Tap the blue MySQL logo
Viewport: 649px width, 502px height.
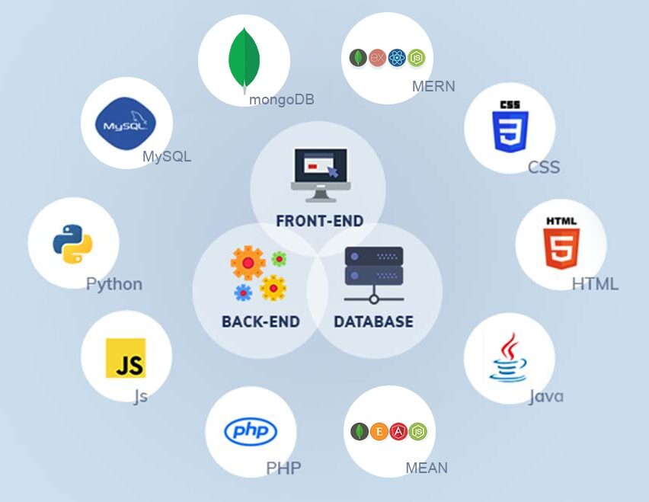click(126, 123)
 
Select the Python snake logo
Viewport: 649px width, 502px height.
click(73, 244)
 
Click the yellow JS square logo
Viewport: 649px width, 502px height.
click(126, 358)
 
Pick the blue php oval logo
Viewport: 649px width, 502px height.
click(251, 431)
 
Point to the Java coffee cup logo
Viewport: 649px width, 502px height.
click(508, 357)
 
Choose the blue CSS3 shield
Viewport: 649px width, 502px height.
click(510, 126)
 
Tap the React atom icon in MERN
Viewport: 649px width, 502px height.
click(397, 58)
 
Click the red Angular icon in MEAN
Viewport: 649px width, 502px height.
click(398, 431)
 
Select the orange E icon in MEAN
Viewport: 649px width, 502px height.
click(379, 431)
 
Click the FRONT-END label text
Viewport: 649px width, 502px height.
click(319, 221)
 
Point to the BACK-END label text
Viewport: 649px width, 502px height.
click(261, 321)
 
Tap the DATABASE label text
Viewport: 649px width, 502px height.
click(373, 321)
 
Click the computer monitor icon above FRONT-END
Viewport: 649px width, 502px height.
click(321, 175)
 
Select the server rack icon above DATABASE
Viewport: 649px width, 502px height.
click(374, 275)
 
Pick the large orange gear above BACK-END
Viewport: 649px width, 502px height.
click(248, 263)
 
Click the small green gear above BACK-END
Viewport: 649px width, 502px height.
click(279, 259)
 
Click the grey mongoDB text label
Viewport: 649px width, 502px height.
click(281, 99)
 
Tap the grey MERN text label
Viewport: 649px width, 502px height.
click(433, 86)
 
